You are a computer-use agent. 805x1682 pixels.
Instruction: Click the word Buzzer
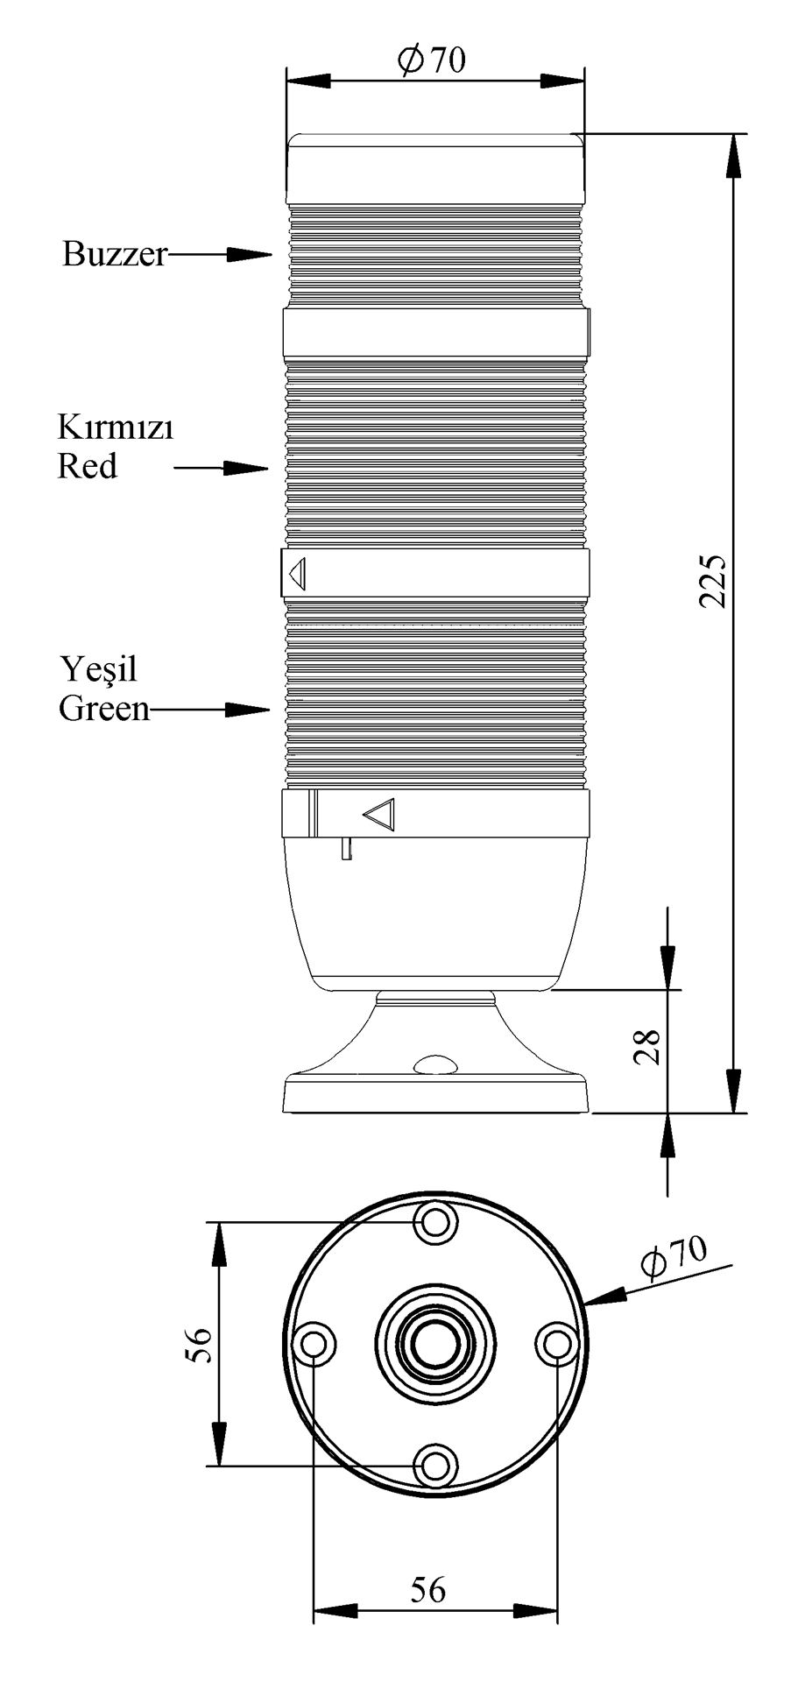click(x=114, y=254)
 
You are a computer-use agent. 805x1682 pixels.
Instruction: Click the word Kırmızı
click(x=116, y=428)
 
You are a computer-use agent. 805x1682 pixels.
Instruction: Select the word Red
click(x=87, y=466)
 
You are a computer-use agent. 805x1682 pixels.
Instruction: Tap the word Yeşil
click(x=99, y=670)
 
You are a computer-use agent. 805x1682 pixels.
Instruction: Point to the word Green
click(x=104, y=708)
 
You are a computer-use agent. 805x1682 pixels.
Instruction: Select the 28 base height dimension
click(x=648, y=1046)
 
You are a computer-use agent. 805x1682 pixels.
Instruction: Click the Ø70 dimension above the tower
click(x=431, y=60)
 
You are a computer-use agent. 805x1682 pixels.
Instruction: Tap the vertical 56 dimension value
click(x=199, y=1345)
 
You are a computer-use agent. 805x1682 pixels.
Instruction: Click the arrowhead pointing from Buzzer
click(x=249, y=254)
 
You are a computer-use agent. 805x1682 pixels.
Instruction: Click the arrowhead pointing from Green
click(x=247, y=709)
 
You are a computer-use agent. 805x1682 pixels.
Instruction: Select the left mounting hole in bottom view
click(x=314, y=1345)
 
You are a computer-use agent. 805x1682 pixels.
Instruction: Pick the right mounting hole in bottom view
click(x=557, y=1345)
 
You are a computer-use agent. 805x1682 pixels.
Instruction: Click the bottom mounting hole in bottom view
click(x=435, y=1466)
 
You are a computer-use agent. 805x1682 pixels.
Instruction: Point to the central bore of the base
click(x=435, y=1345)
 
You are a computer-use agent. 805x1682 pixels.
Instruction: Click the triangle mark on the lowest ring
click(x=379, y=814)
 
